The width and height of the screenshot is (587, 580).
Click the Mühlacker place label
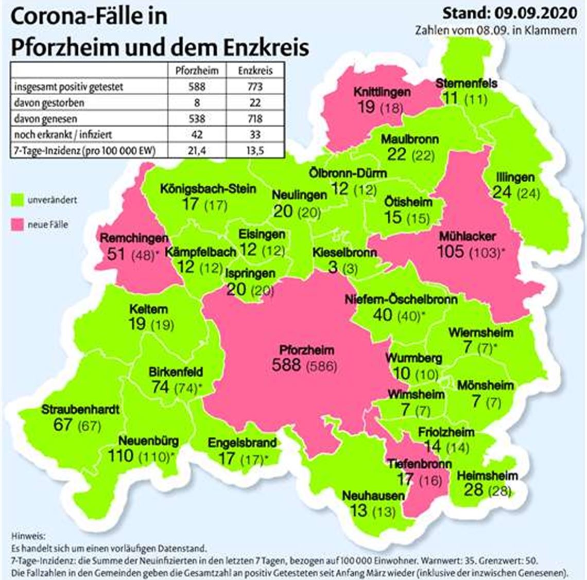(x=468, y=237)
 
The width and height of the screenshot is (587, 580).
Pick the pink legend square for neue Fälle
(x=19, y=225)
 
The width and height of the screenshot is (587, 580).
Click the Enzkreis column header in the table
(x=255, y=71)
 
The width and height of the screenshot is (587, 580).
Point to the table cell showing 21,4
(x=197, y=150)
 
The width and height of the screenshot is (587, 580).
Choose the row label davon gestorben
(x=49, y=102)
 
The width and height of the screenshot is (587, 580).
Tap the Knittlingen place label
(x=382, y=92)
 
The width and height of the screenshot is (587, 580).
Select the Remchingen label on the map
(x=134, y=238)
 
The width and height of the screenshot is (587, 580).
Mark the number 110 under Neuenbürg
(x=120, y=455)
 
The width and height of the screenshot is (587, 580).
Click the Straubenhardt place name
(x=80, y=410)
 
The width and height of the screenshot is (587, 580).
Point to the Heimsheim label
(x=487, y=476)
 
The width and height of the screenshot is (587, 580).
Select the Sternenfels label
(x=466, y=83)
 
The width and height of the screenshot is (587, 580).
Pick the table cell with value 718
(x=255, y=118)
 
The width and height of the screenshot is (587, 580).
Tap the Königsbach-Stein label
(x=208, y=189)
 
